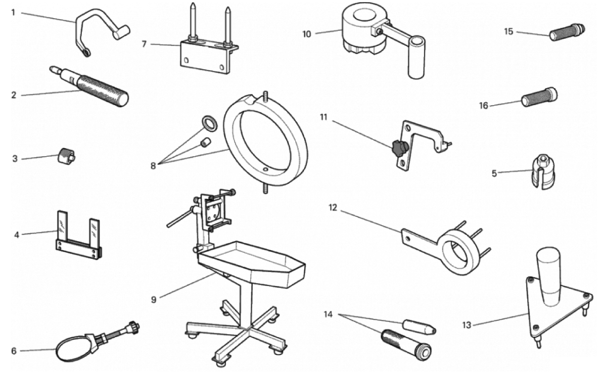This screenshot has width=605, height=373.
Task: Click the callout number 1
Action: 14,12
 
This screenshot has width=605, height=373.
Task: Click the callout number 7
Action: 144,44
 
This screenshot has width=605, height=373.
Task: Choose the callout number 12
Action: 332,208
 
